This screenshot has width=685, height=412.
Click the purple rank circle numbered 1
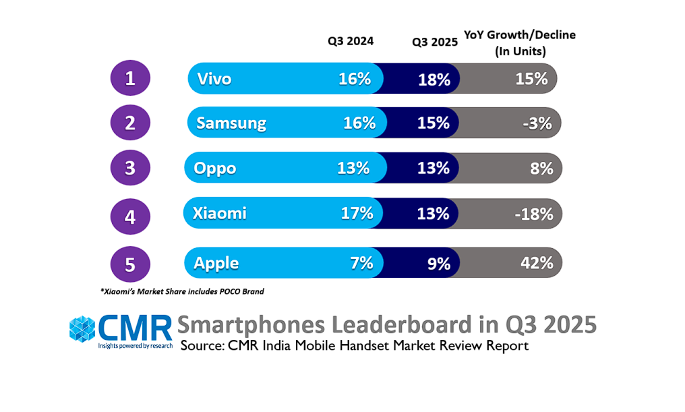coord(130,78)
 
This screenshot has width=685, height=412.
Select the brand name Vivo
coord(214,79)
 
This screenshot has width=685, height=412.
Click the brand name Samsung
coord(231,123)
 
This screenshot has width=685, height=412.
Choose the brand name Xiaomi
coord(220,214)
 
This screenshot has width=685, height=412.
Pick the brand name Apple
coord(216,263)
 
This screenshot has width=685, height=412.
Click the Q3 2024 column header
coord(351,40)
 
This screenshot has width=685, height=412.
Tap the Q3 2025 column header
coord(436,40)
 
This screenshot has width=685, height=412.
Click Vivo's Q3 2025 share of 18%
coord(434,80)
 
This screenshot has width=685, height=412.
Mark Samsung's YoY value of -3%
coord(537,123)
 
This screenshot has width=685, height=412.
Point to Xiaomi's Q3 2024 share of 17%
coord(357,214)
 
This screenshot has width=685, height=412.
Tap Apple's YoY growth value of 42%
coord(537,263)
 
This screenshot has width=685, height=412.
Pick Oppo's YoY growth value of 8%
coord(541,168)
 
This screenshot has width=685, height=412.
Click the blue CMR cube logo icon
coord(83,329)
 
